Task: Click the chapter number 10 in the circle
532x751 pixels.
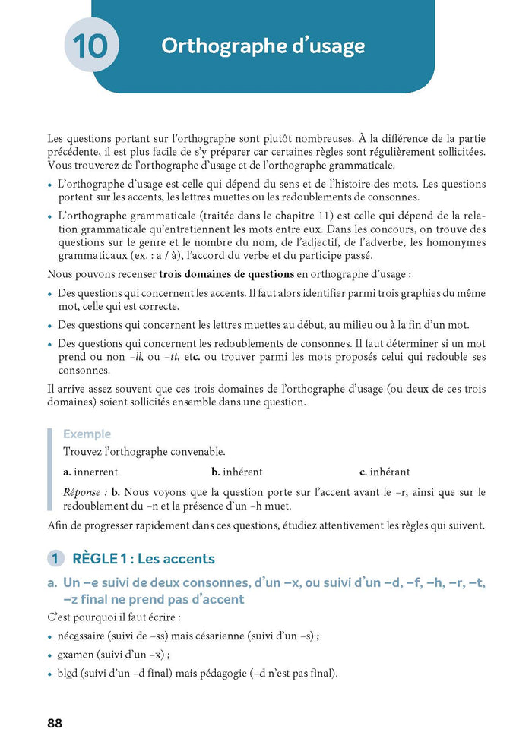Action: pos(91,46)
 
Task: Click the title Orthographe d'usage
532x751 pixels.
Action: pos(263,46)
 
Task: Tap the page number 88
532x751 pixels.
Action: pos(54,723)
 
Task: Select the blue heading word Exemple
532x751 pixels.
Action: pos(87,434)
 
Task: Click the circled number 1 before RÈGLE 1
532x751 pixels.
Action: pos(55,559)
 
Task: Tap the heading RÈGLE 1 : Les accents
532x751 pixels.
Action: pos(144,559)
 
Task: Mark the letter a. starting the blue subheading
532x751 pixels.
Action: pos(52,582)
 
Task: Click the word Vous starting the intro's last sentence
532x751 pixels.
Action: pos(61,165)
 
